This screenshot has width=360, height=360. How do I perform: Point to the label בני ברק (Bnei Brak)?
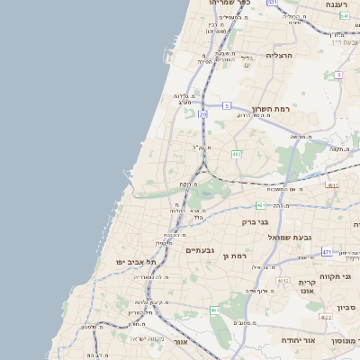tap(256, 220)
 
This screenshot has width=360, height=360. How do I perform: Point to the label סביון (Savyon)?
tap(346, 307)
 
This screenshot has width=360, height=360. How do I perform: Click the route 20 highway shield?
tap(204, 114)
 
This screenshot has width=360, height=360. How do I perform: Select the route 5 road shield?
tap(227, 105)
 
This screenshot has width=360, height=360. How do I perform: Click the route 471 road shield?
tap(327, 252)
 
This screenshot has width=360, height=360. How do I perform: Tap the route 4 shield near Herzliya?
tap(337, 74)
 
